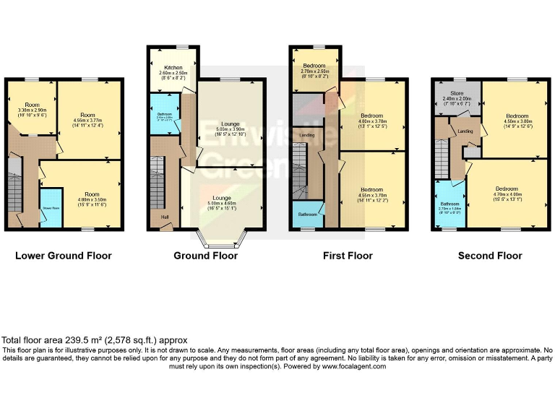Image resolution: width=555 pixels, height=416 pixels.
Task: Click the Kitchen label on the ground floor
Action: tap(173, 66)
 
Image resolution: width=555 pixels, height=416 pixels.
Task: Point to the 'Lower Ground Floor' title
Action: tap(64, 255)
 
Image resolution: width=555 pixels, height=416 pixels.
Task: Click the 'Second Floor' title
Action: tap(490, 255)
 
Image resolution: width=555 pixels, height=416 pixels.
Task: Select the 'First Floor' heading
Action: tap(348, 255)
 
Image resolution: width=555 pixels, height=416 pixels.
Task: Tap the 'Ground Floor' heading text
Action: tap(205, 255)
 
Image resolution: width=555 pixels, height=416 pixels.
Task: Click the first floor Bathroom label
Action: tap(307, 213)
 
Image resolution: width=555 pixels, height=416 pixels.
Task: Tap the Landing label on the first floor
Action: tap(307, 134)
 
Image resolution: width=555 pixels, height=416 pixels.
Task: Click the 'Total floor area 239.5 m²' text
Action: tap(95, 340)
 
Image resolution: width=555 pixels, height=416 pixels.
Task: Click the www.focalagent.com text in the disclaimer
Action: tap(350, 366)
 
